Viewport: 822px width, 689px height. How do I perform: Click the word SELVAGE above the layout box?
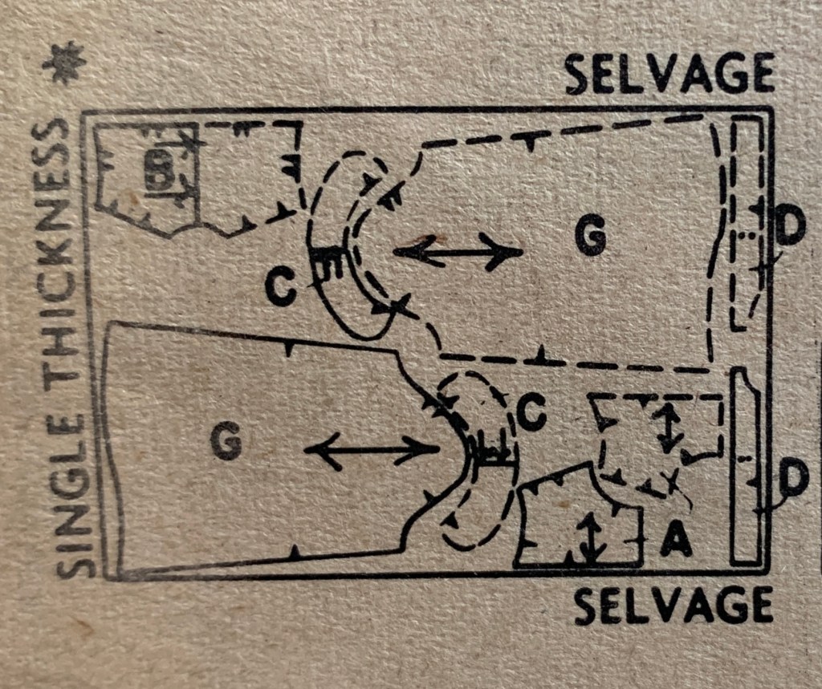[670, 73]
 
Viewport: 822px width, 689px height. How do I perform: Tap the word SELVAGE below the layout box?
[673, 605]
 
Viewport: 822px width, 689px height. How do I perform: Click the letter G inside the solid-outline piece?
[226, 441]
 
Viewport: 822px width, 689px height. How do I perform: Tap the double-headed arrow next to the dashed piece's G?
[458, 253]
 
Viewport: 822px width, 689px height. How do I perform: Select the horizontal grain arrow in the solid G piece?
[371, 450]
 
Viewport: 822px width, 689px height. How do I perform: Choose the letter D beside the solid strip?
[794, 480]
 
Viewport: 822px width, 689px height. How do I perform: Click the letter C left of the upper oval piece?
[280, 288]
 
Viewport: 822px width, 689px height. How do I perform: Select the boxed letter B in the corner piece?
[159, 170]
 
